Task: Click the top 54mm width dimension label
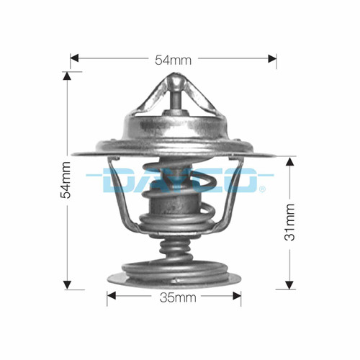(x=174, y=60)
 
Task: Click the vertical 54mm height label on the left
(x=66, y=179)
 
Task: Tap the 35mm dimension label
(x=174, y=297)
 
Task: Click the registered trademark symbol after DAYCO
(x=262, y=189)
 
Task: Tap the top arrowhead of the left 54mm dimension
(x=66, y=76)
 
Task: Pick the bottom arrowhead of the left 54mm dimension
(x=66, y=283)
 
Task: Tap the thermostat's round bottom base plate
(x=173, y=277)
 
